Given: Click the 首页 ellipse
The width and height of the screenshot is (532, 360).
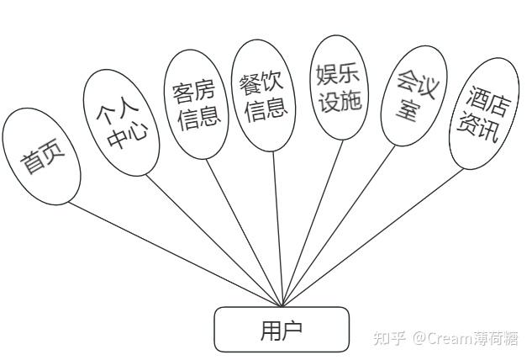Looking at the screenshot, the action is point(40,156).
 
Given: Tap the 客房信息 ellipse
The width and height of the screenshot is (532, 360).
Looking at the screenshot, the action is point(196,103).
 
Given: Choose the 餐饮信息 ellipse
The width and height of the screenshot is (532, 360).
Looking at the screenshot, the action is point(264,95).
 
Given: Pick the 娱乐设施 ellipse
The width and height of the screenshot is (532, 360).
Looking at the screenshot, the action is point(340,87).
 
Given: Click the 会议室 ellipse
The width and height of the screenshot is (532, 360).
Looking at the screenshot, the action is point(410,98).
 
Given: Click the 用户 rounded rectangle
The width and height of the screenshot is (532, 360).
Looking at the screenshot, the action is point(281,329).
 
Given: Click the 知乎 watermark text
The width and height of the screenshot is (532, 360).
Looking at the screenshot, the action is point(387,338).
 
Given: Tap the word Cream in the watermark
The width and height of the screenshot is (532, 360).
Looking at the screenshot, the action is point(450,338).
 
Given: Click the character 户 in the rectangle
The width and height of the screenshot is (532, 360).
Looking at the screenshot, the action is point(292,329).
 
